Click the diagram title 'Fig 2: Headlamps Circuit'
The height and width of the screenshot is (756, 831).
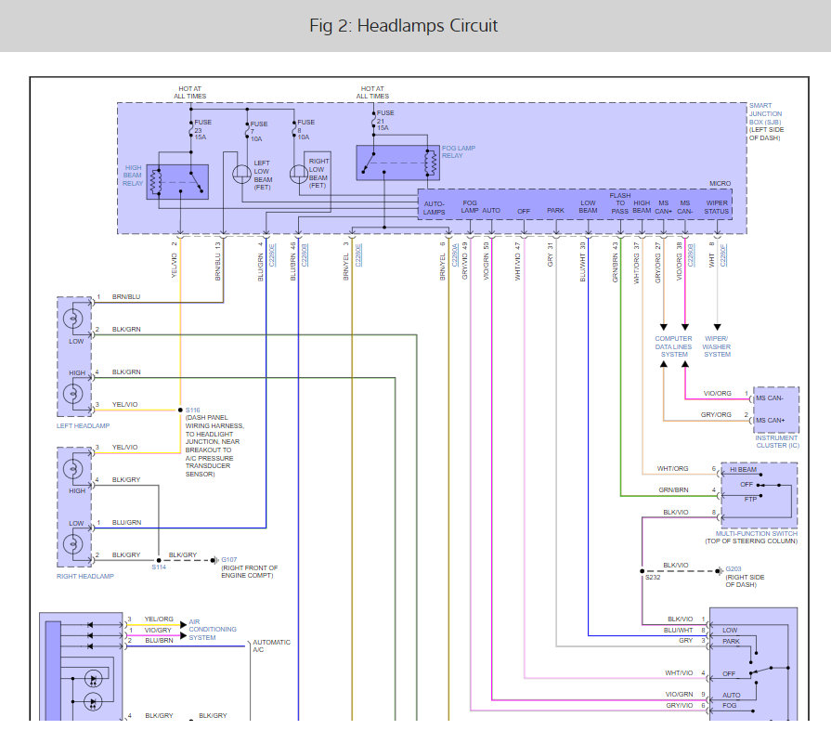404,25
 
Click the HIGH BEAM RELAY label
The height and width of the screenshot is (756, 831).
134,175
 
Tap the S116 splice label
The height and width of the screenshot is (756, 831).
193,410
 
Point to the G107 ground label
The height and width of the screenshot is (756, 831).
227,560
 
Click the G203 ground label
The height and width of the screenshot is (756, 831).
733,568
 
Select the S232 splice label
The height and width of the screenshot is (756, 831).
652,578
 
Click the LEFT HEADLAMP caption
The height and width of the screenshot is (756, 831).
83,425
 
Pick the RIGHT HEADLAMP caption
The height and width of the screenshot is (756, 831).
84,577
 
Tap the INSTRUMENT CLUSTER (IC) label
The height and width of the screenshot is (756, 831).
775,441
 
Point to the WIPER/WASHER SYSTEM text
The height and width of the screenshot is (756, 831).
717,346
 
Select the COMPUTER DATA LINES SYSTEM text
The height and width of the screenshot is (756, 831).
674,346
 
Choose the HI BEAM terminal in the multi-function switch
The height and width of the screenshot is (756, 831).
743,469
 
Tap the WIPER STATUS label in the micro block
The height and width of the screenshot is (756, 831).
716,206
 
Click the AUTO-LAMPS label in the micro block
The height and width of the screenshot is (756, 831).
435,206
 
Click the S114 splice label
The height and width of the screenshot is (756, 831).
158,567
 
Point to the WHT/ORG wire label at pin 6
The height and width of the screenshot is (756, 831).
672,468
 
